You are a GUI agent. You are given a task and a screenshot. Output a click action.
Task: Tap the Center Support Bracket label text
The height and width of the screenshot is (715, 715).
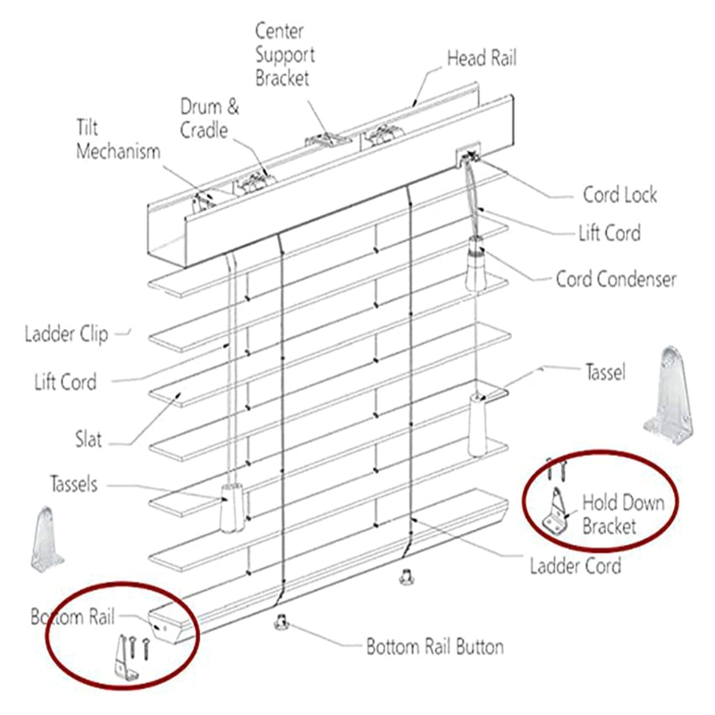click(285, 54)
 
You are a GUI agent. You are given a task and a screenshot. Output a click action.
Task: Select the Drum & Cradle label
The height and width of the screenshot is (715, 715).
click(210, 119)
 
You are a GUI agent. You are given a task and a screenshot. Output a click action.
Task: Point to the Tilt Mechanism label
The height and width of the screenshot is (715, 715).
click(117, 140)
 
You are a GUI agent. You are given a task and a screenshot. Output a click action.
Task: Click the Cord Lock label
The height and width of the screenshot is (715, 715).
click(619, 194)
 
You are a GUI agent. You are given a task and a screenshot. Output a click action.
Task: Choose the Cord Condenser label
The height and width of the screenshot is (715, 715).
click(616, 279)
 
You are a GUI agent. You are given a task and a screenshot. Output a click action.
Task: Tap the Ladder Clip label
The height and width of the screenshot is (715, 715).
click(66, 335)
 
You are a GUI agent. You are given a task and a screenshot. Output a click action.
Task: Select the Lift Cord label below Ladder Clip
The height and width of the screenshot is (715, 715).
click(66, 383)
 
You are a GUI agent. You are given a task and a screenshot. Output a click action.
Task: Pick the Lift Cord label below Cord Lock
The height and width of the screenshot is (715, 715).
click(609, 233)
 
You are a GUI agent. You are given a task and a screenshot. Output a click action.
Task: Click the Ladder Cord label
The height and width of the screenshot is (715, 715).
click(575, 565)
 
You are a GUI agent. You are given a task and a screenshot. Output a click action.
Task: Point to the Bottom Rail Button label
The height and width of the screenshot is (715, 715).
click(435, 646)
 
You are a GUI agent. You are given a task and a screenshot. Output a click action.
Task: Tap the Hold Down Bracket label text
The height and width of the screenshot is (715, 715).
click(623, 514)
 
